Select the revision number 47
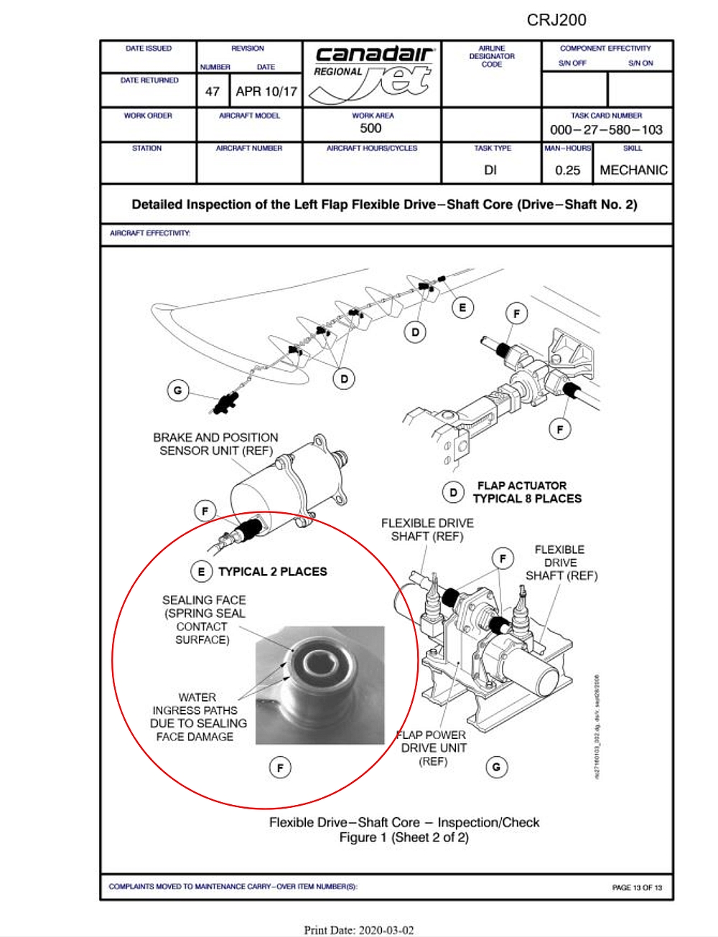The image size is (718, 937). click(213, 92)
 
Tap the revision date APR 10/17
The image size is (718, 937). click(266, 92)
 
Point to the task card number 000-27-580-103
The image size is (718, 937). click(606, 130)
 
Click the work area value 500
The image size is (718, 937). click(370, 128)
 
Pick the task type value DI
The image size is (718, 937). click(490, 170)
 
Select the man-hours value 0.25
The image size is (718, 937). click(567, 170)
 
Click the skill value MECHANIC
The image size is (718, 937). click(633, 170)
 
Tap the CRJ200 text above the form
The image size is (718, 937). click(556, 20)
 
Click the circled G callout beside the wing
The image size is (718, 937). click(177, 390)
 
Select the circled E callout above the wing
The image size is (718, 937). click(462, 308)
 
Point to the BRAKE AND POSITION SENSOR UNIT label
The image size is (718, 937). click(215, 444)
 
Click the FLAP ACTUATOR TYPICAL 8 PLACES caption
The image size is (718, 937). click(527, 492)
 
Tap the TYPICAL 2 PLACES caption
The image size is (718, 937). click(272, 572)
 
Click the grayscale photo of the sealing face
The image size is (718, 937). click(320, 685)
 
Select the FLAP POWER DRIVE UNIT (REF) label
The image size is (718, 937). click(434, 748)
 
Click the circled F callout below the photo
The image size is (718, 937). click(280, 768)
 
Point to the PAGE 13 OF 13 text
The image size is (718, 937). click(637, 887)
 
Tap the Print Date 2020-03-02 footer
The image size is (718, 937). click(359, 930)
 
